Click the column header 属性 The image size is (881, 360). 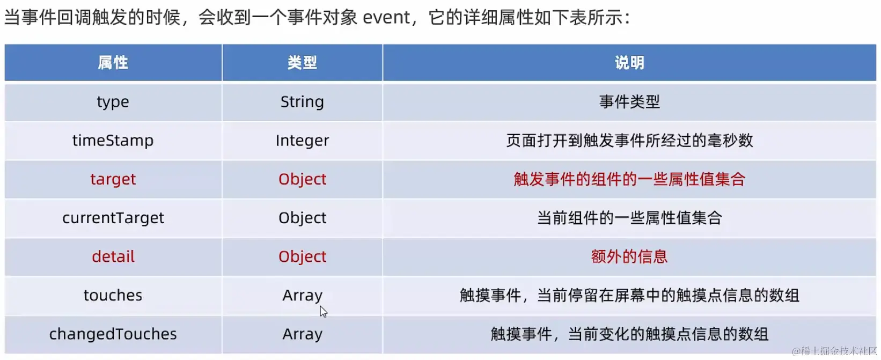(113, 63)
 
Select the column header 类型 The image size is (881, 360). (302, 63)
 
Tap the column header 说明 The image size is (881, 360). (629, 63)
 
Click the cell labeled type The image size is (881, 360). (113, 102)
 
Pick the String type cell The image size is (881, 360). (302, 102)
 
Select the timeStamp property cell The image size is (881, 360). (113, 141)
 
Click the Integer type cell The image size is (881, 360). (302, 141)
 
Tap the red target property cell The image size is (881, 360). (113, 179)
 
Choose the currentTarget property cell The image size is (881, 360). (113, 218)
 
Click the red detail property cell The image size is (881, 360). (113, 256)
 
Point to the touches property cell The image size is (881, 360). (113, 295)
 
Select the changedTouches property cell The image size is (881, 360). (113, 334)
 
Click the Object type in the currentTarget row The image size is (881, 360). (302, 218)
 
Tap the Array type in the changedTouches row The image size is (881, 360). (302, 334)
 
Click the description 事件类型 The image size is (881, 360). (629, 102)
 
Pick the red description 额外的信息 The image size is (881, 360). (629, 256)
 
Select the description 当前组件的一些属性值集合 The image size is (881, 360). (629, 218)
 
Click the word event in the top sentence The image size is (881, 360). (386, 18)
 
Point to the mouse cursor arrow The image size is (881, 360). (323, 311)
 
